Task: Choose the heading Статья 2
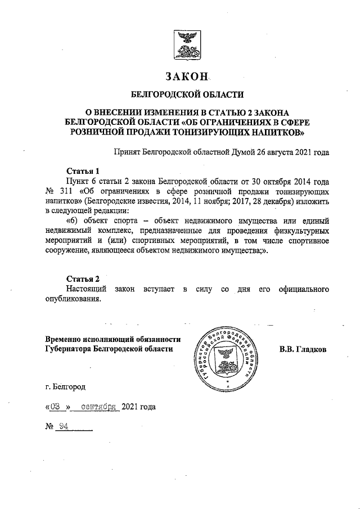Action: click(x=83, y=279)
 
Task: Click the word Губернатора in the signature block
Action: click(x=71, y=349)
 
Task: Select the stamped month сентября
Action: click(x=98, y=407)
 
